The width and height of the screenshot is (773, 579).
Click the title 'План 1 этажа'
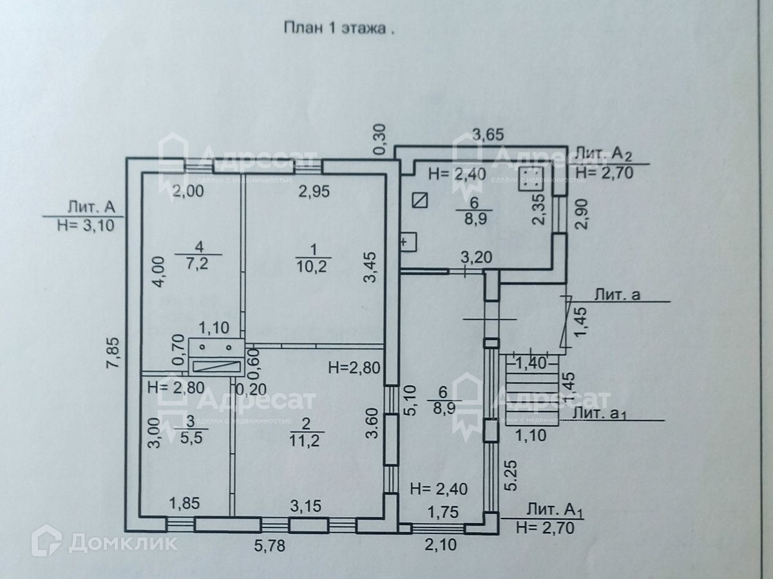tap(338, 28)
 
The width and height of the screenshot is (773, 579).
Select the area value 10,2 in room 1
tap(313, 265)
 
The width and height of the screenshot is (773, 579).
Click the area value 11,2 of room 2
tap(307, 440)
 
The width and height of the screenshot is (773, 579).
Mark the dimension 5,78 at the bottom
tap(267, 547)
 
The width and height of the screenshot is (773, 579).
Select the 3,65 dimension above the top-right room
tap(489, 135)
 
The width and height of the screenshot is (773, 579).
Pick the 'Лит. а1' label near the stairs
tap(599, 413)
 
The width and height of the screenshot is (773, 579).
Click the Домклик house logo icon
tap(46, 540)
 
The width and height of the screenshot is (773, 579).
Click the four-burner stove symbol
tap(531, 178)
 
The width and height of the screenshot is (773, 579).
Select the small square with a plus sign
tap(408, 243)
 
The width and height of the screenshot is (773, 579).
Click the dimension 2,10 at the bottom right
tap(440, 546)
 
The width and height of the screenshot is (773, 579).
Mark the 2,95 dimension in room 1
tap(312, 191)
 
